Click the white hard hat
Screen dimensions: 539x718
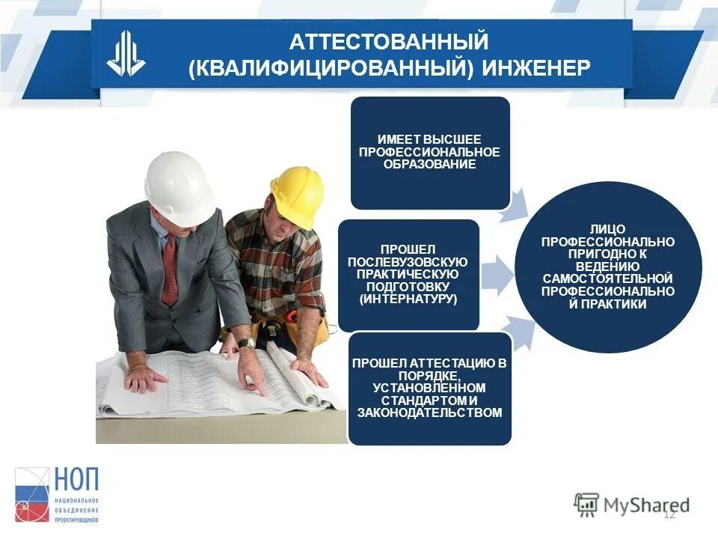tap(179, 187)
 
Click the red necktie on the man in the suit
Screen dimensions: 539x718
tap(170, 270)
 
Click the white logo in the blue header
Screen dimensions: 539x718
tap(126, 55)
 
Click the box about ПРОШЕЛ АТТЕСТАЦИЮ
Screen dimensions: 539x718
tap(429, 388)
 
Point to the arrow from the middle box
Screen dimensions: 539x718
tap(495, 275)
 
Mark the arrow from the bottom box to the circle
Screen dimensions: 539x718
tap(515, 329)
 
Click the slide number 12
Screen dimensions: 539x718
tap(669, 514)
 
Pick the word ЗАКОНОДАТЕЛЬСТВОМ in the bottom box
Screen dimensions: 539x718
tap(429, 412)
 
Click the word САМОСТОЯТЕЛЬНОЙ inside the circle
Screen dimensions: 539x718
tap(608, 278)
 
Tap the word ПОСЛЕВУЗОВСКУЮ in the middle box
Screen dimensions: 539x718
tap(408, 261)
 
